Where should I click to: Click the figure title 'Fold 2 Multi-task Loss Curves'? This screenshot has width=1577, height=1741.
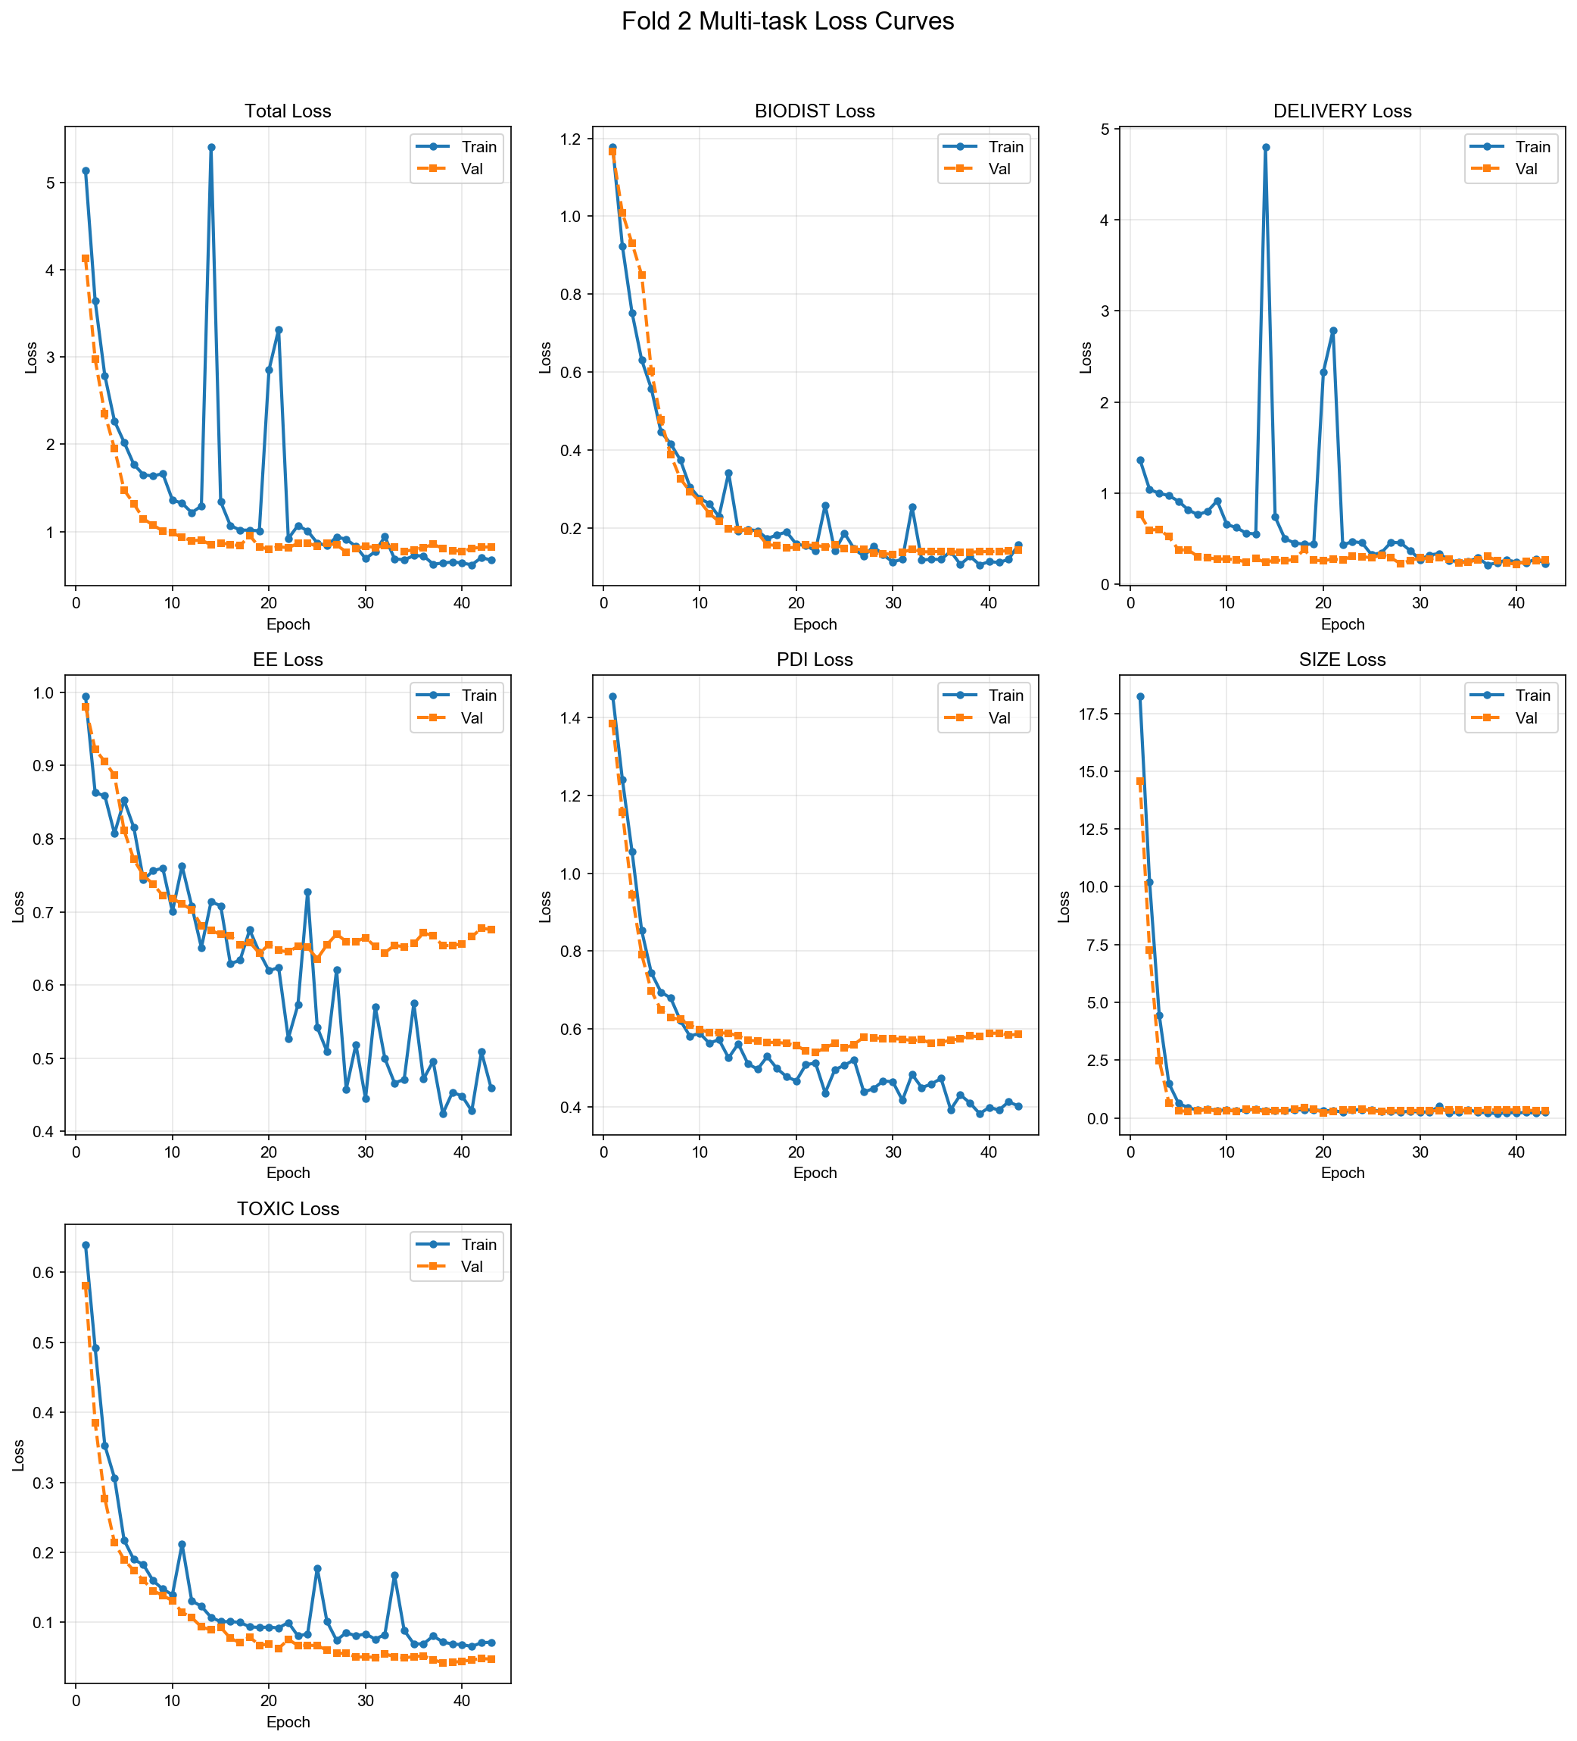[787, 21]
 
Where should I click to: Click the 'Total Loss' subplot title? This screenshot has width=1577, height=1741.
[288, 111]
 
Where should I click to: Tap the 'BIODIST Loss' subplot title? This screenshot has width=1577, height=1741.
[814, 111]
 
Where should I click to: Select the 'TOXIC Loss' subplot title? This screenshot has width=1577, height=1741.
[288, 1209]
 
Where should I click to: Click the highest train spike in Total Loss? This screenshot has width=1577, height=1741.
[210, 148]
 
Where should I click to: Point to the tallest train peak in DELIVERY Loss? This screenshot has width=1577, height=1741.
[1265, 148]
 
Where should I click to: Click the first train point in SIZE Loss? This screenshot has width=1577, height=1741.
[1139, 697]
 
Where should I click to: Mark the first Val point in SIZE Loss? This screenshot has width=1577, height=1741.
[1139, 782]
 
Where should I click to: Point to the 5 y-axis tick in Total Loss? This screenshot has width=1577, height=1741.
[51, 183]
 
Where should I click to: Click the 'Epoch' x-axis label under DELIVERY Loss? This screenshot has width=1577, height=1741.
[1342, 624]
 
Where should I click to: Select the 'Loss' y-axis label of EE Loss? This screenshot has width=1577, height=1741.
[19, 907]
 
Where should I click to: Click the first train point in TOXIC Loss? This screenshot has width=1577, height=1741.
[86, 1246]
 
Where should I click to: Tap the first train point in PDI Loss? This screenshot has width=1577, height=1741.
[612, 697]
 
